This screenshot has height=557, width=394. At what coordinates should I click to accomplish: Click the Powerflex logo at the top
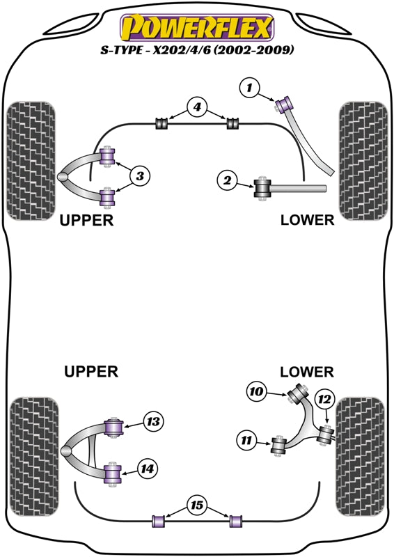coord(197,27)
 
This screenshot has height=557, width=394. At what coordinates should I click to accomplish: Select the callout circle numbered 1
coord(250,88)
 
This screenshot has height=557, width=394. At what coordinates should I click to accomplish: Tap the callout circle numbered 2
coord(228,180)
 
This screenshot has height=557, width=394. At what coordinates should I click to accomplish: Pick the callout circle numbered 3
coord(140,175)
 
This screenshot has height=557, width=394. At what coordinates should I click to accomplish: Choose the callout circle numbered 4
coord(197,107)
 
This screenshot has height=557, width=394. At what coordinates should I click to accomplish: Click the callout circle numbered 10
coord(256,391)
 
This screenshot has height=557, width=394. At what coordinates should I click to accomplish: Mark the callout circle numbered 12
coord(324,400)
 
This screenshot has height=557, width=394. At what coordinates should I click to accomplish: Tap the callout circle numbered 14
coord(148,469)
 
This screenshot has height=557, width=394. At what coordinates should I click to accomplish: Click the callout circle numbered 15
coord(197,505)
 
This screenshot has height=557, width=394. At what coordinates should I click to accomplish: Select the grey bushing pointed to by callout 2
coord(263,188)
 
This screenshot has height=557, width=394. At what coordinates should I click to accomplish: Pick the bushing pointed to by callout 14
coord(113,474)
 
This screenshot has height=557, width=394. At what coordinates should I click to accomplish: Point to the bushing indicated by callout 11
coord(278,445)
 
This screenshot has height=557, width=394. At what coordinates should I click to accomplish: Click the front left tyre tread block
coord(31,161)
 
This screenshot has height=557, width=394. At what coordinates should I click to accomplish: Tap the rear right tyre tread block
coord(361,457)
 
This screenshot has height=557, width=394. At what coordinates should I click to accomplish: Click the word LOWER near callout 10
coord(307,372)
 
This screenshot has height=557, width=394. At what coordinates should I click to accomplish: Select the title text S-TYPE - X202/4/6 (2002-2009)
coord(197,49)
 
